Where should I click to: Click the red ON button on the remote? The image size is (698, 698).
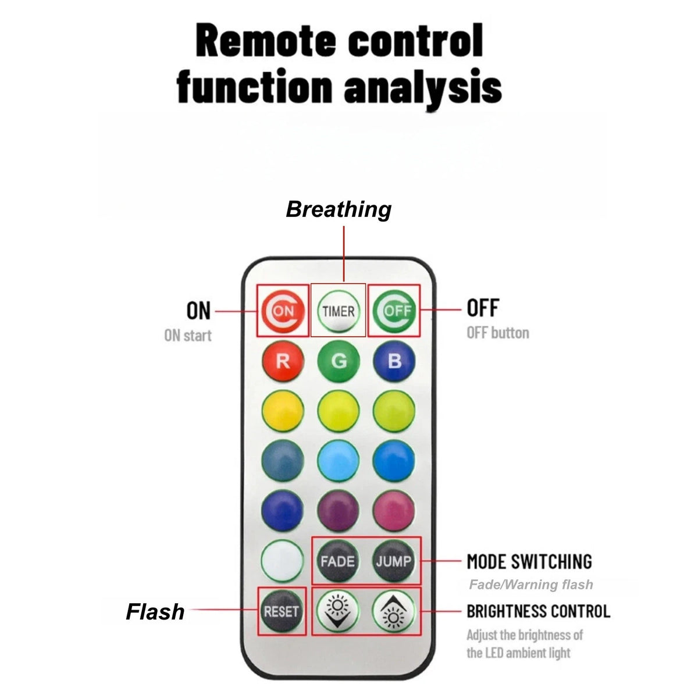click(x=283, y=311)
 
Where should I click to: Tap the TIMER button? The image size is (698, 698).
click(x=339, y=311)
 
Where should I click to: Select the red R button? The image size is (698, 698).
click(x=283, y=361)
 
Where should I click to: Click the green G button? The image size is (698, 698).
click(x=339, y=361)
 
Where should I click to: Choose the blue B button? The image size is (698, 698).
click(x=394, y=361)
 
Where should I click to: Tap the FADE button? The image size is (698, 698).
click(x=337, y=562)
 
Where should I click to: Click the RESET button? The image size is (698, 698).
click(x=281, y=612)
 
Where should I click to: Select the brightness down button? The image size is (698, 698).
click(x=337, y=612)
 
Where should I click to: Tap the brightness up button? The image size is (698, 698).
click(x=393, y=612)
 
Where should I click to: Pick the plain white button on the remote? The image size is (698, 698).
click(x=282, y=561)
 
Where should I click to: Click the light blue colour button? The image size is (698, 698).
click(x=339, y=461)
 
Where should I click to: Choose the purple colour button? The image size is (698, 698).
click(x=339, y=511)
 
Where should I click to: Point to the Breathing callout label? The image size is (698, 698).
click(x=339, y=209)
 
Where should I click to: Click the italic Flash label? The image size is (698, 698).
click(x=155, y=612)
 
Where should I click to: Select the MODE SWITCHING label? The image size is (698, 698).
click(x=529, y=562)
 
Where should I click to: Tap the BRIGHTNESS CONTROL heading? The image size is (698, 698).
click(x=538, y=611)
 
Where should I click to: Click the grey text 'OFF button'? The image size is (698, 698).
click(x=498, y=333)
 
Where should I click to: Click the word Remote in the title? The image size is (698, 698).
click(x=266, y=40)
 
